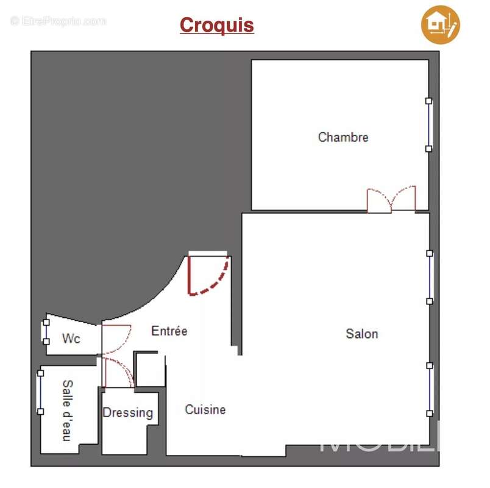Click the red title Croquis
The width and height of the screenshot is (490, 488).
216,25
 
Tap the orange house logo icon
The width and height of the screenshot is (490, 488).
440,24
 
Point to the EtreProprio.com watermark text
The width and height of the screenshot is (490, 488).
59,21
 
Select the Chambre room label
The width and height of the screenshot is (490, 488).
343,137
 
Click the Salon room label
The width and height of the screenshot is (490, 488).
361,334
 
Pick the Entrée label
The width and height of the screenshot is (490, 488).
169,331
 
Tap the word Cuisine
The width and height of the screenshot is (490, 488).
205,410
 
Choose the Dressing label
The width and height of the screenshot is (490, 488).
127,413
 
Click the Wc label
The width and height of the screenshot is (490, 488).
71,339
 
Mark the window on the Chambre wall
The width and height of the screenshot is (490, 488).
428,124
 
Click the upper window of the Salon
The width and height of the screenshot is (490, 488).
429,277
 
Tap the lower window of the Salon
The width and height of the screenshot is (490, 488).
429,389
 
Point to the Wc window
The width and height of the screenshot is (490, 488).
46,331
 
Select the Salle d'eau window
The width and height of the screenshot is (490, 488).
41,390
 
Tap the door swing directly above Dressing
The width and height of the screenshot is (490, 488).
118,373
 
